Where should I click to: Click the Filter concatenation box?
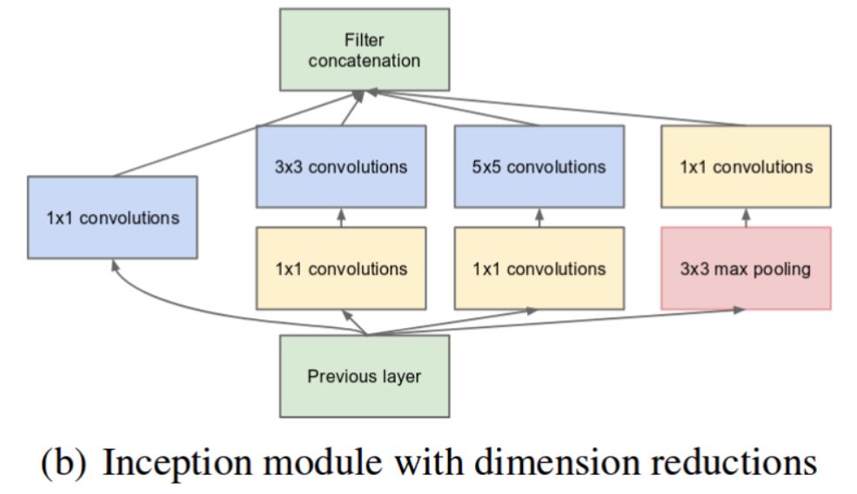(x=365, y=49)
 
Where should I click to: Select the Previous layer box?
(x=365, y=377)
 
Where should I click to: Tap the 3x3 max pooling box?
(x=746, y=268)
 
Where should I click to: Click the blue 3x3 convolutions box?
(x=340, y=165)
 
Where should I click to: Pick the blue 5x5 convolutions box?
(x=539, y=165)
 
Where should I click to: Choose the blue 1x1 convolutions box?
(x=112, y=217)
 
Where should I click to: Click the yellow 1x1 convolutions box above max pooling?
(x=746, y=165)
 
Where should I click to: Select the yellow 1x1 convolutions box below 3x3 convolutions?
(x=340, y=268)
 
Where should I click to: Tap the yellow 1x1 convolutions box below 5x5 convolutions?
(x=539, y=268)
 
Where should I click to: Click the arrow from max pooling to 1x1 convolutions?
(x=746, y=217)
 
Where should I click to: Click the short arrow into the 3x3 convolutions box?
(x=340, y=217)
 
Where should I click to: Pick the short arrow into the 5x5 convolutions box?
(x=539, y=217)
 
